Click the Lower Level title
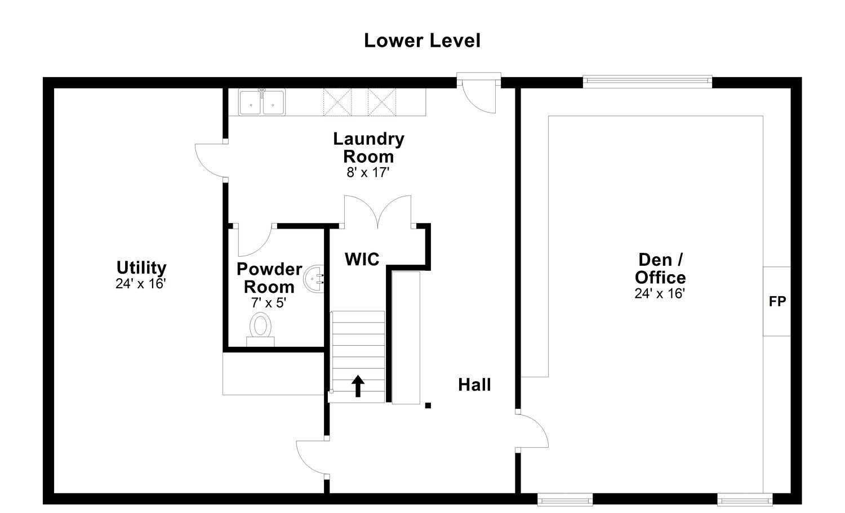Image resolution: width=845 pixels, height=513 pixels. click(422, 41)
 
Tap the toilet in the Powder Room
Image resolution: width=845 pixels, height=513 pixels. click(260, 329)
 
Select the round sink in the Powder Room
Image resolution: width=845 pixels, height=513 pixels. click(314, 279)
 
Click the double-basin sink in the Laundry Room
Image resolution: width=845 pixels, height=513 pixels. click(262, 102)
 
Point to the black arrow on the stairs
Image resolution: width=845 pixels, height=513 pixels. click(358, 386)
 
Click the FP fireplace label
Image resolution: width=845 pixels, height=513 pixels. click(777, 301)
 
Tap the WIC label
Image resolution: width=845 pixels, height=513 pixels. click(362, 259)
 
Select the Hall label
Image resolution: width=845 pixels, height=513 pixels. click(474, 385)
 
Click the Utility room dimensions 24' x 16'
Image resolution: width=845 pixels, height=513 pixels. click(141, 283)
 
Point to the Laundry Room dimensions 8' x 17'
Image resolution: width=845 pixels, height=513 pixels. click(368, 172)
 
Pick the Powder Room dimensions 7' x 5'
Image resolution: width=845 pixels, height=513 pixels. click(269, 302)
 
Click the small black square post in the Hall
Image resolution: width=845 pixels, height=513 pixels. click(428, 405)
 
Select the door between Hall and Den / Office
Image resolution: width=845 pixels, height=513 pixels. click(532, 430)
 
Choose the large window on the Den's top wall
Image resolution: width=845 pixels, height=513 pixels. click(647, 82)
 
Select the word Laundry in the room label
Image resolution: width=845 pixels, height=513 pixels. click(368, 139)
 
